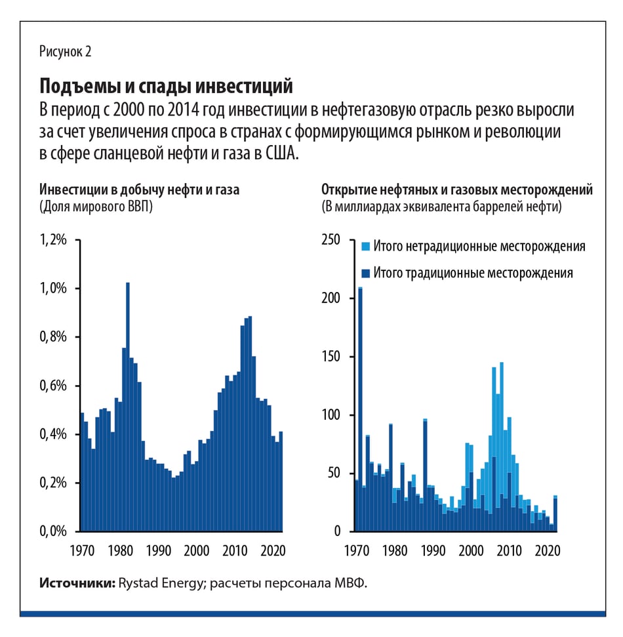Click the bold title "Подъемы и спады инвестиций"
point(166,86)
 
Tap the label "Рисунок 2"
point(65,52)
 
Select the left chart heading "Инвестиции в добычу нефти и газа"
point(140,190)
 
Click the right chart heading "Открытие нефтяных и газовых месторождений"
point(457,190)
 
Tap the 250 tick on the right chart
point(331,240)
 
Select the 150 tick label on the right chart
point(331,357)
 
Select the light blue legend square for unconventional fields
point(365,247)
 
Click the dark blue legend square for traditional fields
point(365,272)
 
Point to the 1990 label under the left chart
point(155,549)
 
